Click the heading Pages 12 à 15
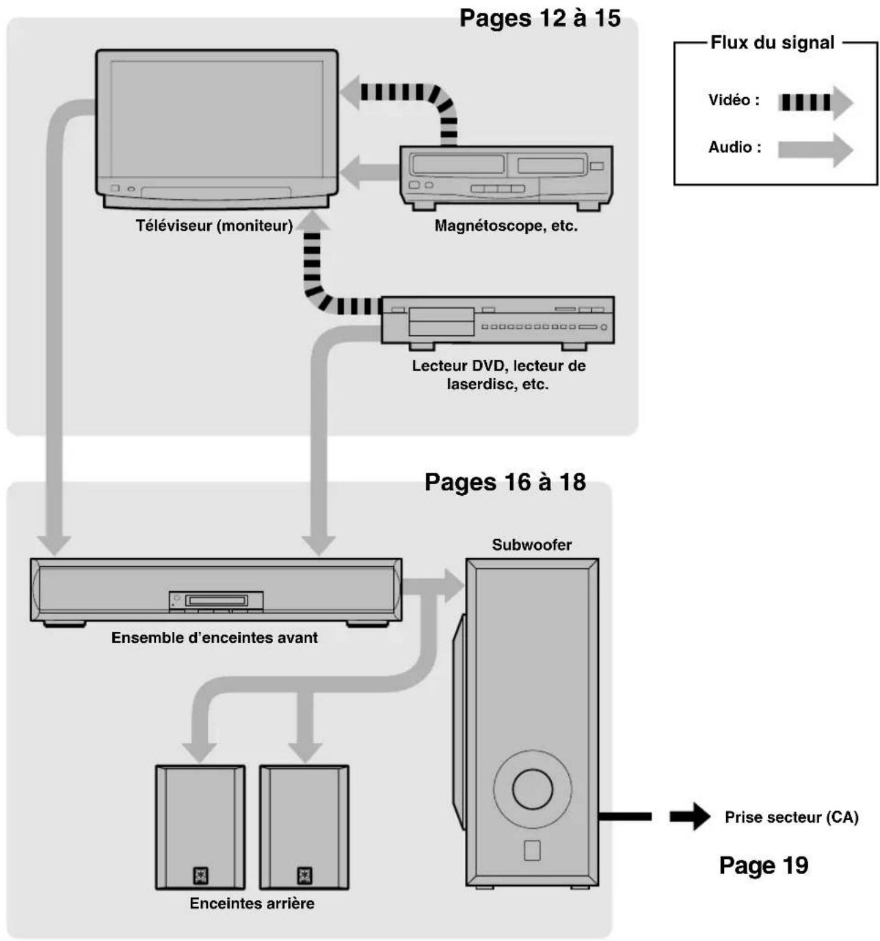pyautogui.click(x=539, y=18)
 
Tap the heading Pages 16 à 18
pyautogui.click(x=505, y=482)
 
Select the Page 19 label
pyautogui.click(x=764, y=865)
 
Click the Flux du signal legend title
pyautogui.click(x=772, y=42)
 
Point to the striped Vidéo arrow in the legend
pyautogui.click(x=814, y=103)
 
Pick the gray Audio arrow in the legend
pyautogui.click(x=814, y=150)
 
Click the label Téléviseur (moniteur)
pyautogui.click(x=214, y=226)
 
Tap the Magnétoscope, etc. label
pyautogui.click(x=506, y=226)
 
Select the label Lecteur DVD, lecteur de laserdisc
pyautogui.click(x=498, y=374)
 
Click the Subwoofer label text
pyautogui.click(x=531, y=545)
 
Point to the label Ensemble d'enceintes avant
pyautogui.click(x=214, y=637)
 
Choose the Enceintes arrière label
pyautogui.click(x=252, y=903)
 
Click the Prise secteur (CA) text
pyautogui.click(x=791, y=817)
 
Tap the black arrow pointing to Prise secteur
pyautogui.click(x=690, y=817)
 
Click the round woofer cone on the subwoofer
pyautogui.click(x=532, y=789)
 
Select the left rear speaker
pyautogui.click(x=200, y=827)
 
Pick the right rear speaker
pyautogui.click(x=304, y=827)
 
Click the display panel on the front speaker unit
pyautogui.click(x=216, y=601)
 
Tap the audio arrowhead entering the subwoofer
pyautogui.click(x=453, y=586)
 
